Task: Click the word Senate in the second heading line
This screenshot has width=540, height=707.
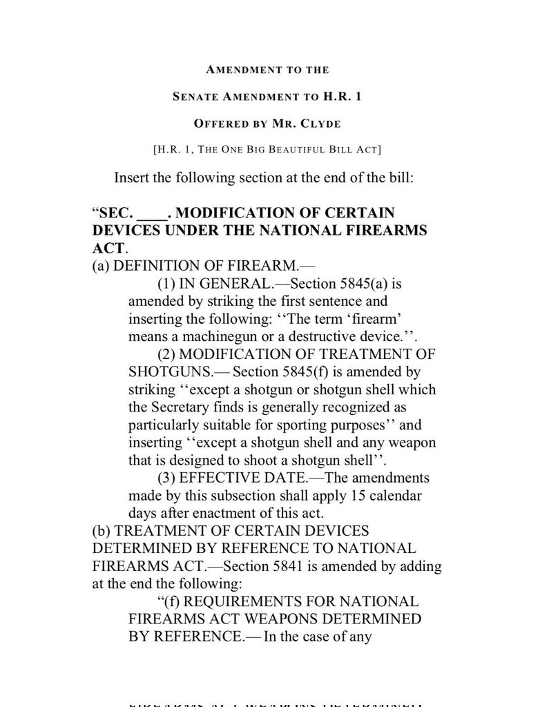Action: pos(195,97)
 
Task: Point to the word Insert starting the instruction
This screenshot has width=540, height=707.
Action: pos(132,178)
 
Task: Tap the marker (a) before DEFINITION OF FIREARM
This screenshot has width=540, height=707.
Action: pos(101,266)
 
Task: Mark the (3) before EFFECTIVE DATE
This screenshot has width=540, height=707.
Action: pos(166,478)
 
